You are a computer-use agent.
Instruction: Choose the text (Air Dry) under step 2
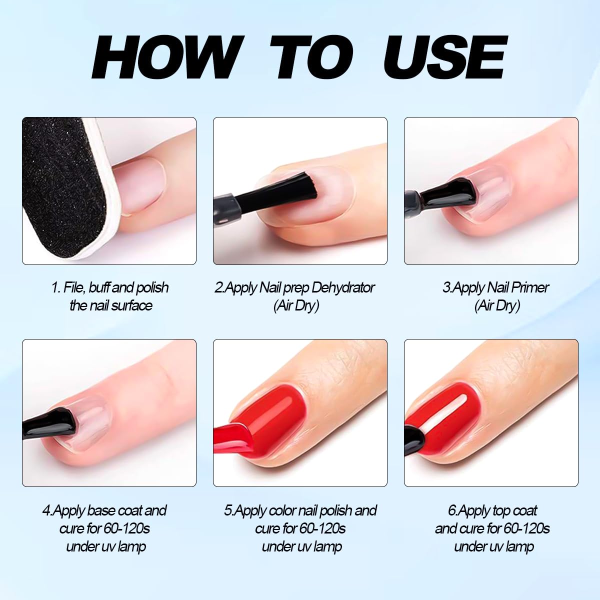[296, 305]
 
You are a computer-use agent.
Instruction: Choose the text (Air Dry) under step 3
[497, 305]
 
